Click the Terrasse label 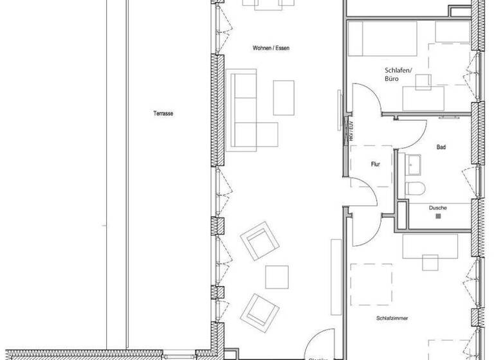pos(163,113)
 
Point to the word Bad pos(441,147)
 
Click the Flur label pos(376,165)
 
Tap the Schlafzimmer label pos(394,318)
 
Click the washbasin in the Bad pos(412,165)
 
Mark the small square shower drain pos(439,217)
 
